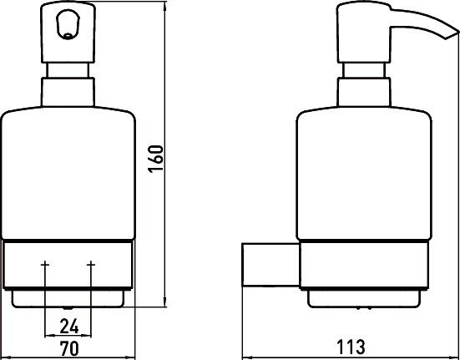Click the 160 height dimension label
[155, 159]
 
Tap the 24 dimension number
[69, 327]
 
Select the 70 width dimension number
[69, 348]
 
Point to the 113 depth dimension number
[351, 347]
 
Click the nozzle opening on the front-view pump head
[68, 25]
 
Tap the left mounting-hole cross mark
[45, 265]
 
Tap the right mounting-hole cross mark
[91, 265]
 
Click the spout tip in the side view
[452, 34]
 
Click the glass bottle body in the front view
[68, 173]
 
